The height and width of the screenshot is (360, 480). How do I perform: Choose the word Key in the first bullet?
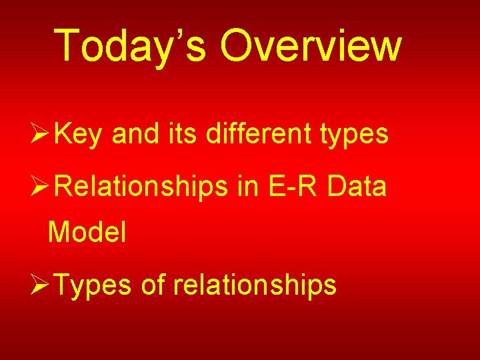[79, 135]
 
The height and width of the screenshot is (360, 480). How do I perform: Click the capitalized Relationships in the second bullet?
[141, 189]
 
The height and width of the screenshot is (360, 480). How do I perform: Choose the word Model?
[87, 232]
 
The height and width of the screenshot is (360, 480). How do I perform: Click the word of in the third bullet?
[153, 285]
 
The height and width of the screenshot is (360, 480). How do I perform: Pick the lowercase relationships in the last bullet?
[255, 285]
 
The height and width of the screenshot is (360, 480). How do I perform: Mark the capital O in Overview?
[239, 45]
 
